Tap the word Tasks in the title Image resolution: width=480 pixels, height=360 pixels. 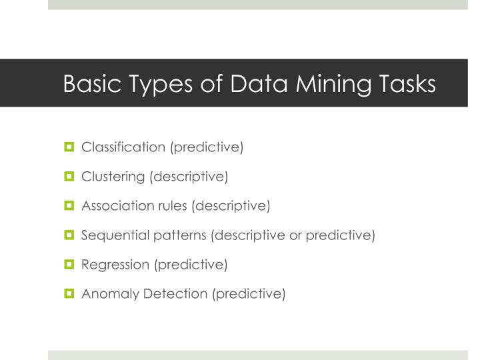point(403,84)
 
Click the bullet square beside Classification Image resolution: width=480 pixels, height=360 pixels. point(69,147)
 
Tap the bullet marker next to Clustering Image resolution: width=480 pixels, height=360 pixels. point(69,176)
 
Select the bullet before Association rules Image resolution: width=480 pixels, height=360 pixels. point(69,205)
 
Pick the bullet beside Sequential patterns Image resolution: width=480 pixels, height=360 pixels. point(69,235)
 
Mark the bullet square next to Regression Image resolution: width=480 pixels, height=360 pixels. point(69,264)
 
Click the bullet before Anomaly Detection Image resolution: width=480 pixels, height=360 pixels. point(69,293)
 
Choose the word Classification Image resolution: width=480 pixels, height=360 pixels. point(123,147)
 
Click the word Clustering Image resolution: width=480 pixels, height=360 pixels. point(113,177)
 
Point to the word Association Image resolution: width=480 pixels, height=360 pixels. point(117,205)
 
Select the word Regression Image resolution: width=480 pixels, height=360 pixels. point(115,265)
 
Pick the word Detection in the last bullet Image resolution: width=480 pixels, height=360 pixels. point(172,293)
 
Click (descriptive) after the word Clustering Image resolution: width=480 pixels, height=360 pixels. point(189,177)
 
